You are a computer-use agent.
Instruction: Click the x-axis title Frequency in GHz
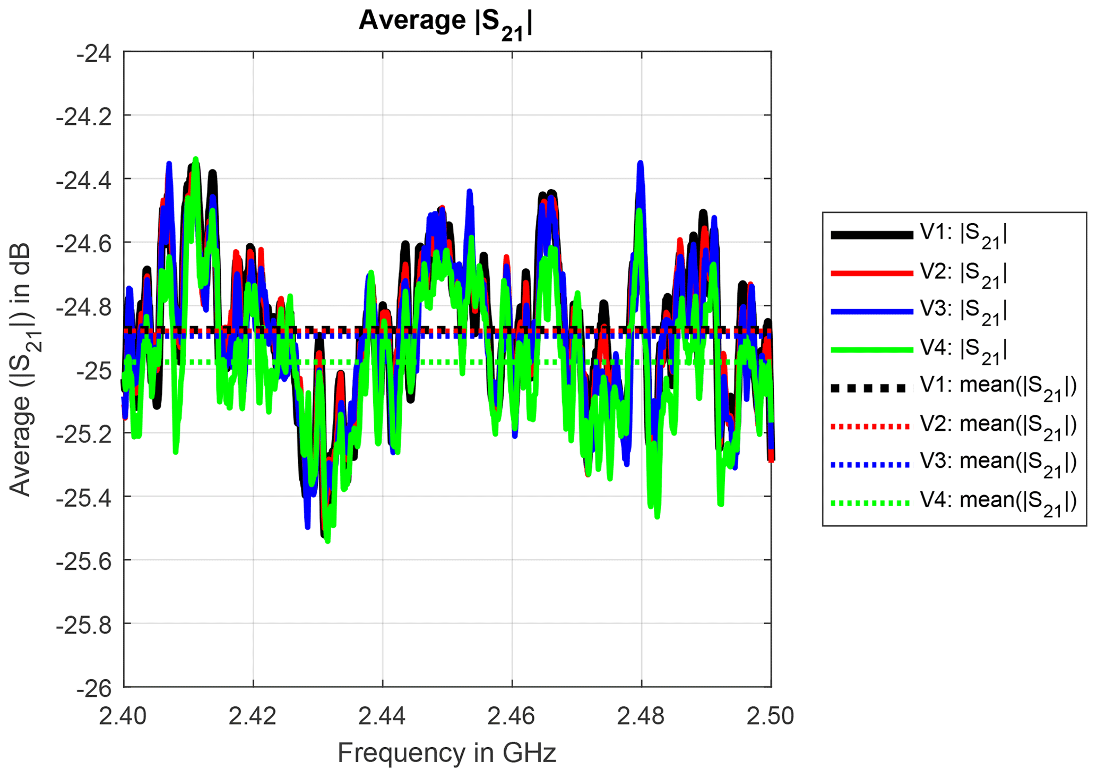pyautogui.click(x=447, y=753)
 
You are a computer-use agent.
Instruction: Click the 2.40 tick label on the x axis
pyautogui.click(x=124, y=716)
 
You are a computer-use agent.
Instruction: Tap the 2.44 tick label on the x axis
pyautogui.click(x=383, y=716)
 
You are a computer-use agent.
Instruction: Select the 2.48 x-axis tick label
pyautogui.click(x=641, y=716)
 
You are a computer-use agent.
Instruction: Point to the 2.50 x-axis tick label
pyautogui.click(x=770, y=716)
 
